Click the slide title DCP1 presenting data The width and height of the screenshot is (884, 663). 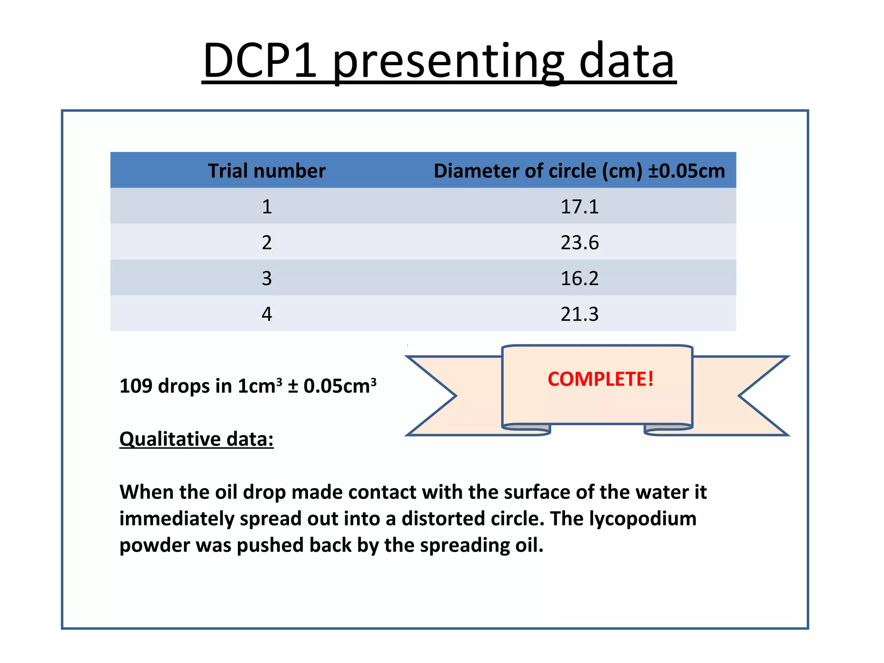click(439, 60)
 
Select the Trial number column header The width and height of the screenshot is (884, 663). click(266, 171)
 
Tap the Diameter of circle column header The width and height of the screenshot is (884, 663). click(579, 171)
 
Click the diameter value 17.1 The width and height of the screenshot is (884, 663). click(579, 207)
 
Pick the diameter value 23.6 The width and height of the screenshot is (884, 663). click(579, 243)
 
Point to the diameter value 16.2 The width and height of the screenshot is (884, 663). click(579, 278)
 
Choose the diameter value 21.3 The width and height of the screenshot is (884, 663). click(579, 314)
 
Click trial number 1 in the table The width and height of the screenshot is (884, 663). click(267, 207)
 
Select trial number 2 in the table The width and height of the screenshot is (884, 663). click(267, 243)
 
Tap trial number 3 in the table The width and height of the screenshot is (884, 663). click(267, 278)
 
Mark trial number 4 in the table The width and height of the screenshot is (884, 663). click(267, 314)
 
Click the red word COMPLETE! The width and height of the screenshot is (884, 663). click(600, 379)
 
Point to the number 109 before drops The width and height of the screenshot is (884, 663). click(136, 386)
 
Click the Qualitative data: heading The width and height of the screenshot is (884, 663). click(196, 439)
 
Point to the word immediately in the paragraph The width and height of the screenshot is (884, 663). click(177, 518)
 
